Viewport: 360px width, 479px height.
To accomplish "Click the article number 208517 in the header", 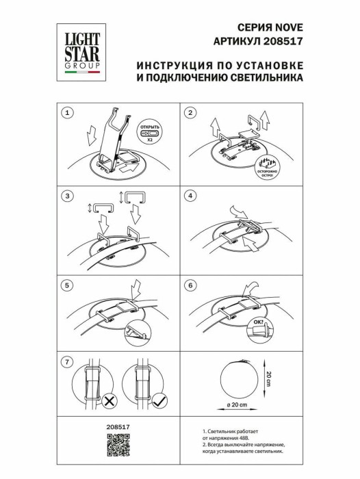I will pyautogui.click(x=284, y=40).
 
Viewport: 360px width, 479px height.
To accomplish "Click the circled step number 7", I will pyautogui.click(x=67, y=361).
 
